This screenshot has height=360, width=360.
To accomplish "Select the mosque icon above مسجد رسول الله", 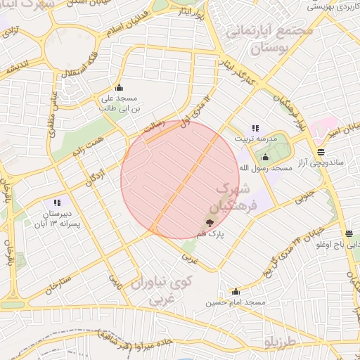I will tap(266, 157).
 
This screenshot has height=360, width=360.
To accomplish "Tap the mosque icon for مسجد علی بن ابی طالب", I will tap(118, 88).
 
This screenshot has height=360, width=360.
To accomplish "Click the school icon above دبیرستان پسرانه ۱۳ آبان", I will tap(57, 202).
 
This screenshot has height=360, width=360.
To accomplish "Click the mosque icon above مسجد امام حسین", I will tap(236, 292).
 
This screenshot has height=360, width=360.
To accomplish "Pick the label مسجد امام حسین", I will tap(236, 302).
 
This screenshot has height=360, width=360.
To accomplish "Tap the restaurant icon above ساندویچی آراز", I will tap(321, 151).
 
